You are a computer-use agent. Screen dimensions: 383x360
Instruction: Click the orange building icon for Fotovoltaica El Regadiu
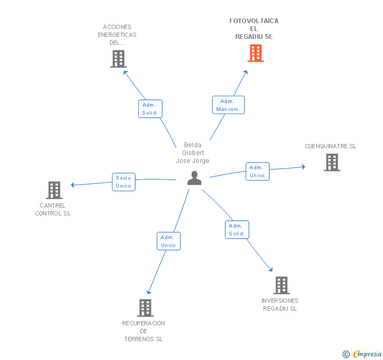(256, 53)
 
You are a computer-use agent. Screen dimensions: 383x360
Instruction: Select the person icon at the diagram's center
(195, 178)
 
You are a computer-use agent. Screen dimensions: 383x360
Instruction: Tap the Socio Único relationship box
(124, 182)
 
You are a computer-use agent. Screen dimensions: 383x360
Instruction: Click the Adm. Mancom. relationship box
(228, 105)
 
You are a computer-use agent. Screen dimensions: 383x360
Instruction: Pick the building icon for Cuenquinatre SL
(332, 162)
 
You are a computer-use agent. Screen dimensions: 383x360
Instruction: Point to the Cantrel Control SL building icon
(54, 190)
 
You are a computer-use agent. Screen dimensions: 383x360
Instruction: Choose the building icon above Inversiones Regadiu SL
(281, 285)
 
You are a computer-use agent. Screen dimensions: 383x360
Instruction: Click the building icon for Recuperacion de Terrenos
(145, 308)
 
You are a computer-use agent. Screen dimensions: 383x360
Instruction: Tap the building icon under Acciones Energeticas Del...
(118, 59)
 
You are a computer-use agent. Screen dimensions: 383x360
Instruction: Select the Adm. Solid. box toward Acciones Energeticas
(150, 109)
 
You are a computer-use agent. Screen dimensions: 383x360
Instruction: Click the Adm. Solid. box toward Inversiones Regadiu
(237, 230)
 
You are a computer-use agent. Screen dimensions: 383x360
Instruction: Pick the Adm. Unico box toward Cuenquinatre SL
(257, 171)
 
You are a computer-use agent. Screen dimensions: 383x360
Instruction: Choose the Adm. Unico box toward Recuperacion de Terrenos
(168, 241)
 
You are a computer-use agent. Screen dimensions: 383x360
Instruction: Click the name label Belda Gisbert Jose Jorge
(193, 153)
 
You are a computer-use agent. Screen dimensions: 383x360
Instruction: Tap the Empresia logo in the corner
(362, 354)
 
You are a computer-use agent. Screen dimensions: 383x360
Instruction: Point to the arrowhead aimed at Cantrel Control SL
(72, 185)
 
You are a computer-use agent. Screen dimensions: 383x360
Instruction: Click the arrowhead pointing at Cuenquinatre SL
(304, 167)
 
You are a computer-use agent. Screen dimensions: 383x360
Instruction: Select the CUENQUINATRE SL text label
(330, 146)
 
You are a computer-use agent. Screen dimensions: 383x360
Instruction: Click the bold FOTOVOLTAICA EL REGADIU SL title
(254, 29)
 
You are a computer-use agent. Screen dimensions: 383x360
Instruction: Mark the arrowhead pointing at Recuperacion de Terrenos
(148, 292)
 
